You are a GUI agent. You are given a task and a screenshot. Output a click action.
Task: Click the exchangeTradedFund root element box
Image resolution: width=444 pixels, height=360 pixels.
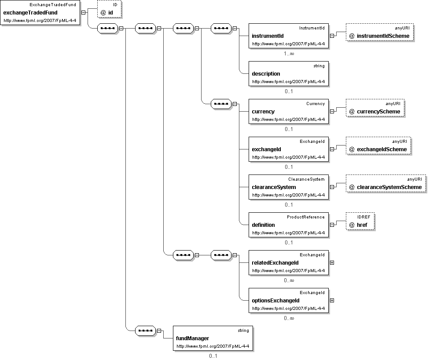[x=40, y=13]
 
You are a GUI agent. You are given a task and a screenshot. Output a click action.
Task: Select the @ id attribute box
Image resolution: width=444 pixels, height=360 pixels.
[x=109, y=9]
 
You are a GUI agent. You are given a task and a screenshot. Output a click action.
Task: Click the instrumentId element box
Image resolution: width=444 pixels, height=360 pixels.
[x=289, y=36]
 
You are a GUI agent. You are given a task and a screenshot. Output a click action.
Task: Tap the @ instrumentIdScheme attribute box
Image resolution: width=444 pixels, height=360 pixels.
[x=379, y=32]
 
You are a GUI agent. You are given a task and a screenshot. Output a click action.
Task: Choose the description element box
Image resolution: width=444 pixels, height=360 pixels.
[x=289, y=74]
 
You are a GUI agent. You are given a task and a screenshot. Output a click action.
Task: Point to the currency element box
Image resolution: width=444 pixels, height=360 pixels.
[x=289, y=111]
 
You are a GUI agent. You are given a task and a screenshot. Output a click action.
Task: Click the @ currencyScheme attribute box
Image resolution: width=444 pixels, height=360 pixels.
[x=375, y=108]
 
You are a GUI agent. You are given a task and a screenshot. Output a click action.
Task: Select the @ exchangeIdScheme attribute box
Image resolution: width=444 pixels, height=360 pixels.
[x=378, y=145]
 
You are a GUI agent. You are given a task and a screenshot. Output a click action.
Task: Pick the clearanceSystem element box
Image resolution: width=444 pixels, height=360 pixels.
[x=289, y=187]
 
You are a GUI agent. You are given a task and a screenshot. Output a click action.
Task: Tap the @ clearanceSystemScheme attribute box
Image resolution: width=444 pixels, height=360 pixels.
[x=385, y=184]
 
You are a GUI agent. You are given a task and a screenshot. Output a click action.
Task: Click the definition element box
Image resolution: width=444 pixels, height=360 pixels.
[x=289, y=225]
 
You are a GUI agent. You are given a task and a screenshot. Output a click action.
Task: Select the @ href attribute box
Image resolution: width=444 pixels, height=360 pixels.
[x=360, y=221]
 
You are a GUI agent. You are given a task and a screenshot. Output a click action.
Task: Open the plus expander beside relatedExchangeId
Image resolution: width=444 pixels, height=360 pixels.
[x=332, y=262]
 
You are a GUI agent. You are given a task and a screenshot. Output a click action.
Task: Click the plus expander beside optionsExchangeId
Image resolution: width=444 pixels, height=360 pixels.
[x=332, y=300]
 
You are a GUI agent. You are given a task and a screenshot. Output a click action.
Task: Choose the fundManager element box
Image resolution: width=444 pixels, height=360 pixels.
[x=213, y=338]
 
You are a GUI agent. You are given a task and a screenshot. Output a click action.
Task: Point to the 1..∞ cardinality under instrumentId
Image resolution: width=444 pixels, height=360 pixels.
[x=289, y=54]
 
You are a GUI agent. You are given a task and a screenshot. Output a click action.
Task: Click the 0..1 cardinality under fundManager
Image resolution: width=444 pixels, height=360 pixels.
[x=213, y=356]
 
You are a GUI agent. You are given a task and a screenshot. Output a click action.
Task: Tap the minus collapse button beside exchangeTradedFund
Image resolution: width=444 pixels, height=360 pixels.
[x=83, y=12]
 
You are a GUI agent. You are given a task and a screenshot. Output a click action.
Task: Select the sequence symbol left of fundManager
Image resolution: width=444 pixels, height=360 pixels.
[x=146, y=331]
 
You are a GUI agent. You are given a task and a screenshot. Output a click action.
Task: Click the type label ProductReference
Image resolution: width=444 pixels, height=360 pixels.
[x=306, y=217]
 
